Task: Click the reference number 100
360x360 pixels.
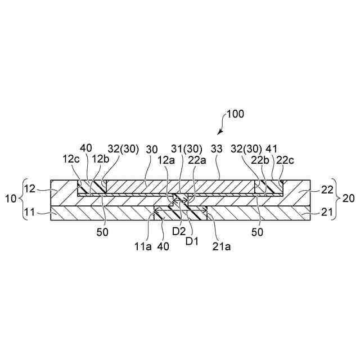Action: tap(236, 114)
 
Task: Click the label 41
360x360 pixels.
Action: tap(272, 149)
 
